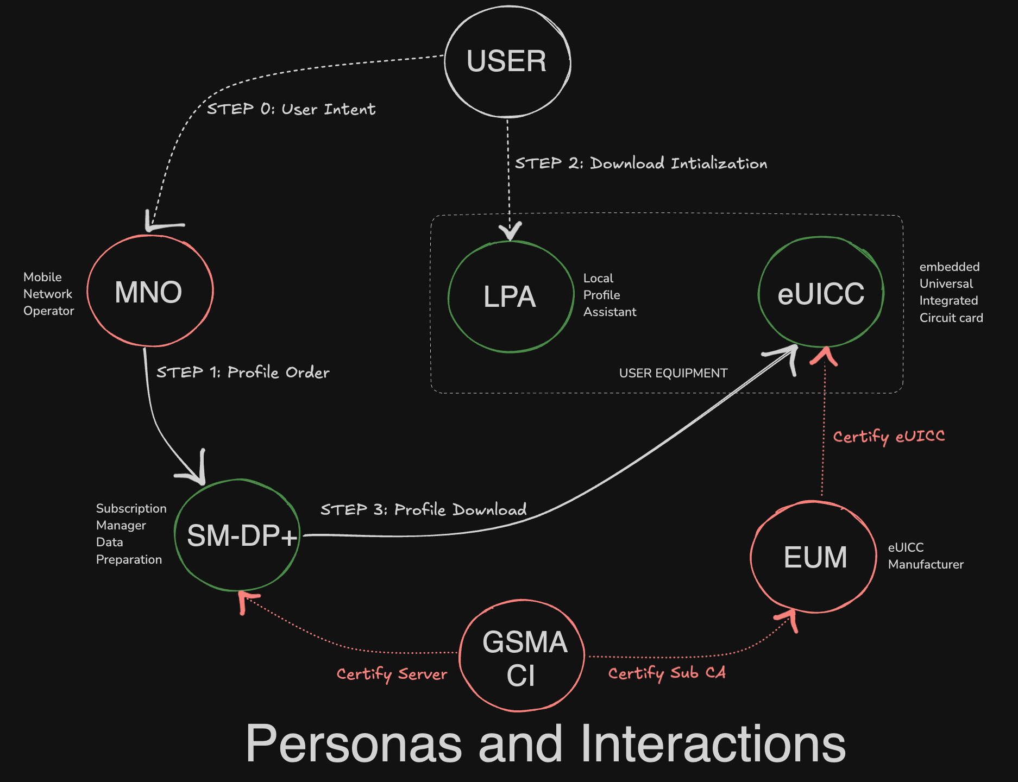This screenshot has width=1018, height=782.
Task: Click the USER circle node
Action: (507, 61)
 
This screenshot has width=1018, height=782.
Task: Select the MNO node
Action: (150, 291)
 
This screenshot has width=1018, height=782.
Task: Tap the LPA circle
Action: (510, 297)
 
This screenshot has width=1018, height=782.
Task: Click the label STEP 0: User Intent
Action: (291, 109)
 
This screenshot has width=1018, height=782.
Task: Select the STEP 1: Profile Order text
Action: (243, 372)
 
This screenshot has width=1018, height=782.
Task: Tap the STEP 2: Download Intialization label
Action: (641, 163)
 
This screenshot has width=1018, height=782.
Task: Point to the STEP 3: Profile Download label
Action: (423, 509)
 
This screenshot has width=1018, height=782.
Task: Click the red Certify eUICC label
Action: (889, 437)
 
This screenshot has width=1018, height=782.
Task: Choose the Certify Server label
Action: (392, 674)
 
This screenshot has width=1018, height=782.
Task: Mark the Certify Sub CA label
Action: (667, 673)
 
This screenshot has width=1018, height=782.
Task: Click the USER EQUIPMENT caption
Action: (673, 373)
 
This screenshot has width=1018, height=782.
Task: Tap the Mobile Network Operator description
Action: (48, 294)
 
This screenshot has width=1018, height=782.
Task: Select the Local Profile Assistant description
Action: (609, 295)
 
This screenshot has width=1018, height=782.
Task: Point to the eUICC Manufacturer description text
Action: (925, 556)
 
